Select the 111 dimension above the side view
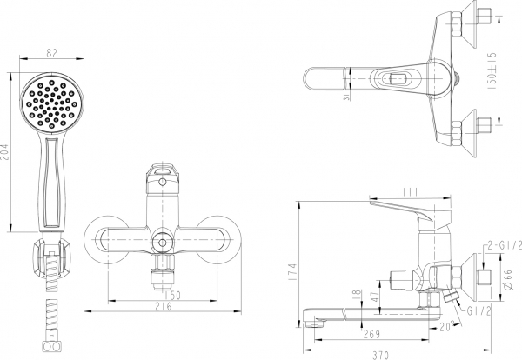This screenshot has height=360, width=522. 413,190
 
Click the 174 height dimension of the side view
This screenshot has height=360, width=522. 290,271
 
